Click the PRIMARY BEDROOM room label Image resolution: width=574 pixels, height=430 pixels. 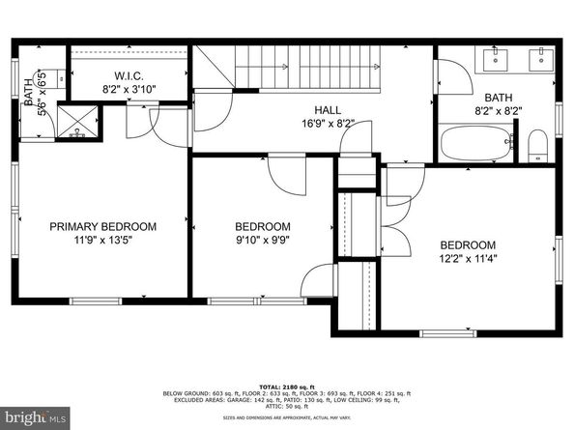(x=102, y=226)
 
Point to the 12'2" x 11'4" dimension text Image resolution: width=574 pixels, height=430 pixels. (x=468, y=259)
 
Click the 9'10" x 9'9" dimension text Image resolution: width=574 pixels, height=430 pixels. (x=262, y=241)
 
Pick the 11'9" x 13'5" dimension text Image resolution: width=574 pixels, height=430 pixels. (x=102, y=241)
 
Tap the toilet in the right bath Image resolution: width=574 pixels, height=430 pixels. (x=538, y=146)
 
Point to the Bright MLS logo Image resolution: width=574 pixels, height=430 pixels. (x=36, y=418)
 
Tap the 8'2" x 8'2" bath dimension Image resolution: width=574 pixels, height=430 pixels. (x=499, y=112)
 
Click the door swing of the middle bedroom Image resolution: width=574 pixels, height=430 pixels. (x=285, y=175)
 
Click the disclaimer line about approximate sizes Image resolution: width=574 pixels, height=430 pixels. (x=286, y=416)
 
